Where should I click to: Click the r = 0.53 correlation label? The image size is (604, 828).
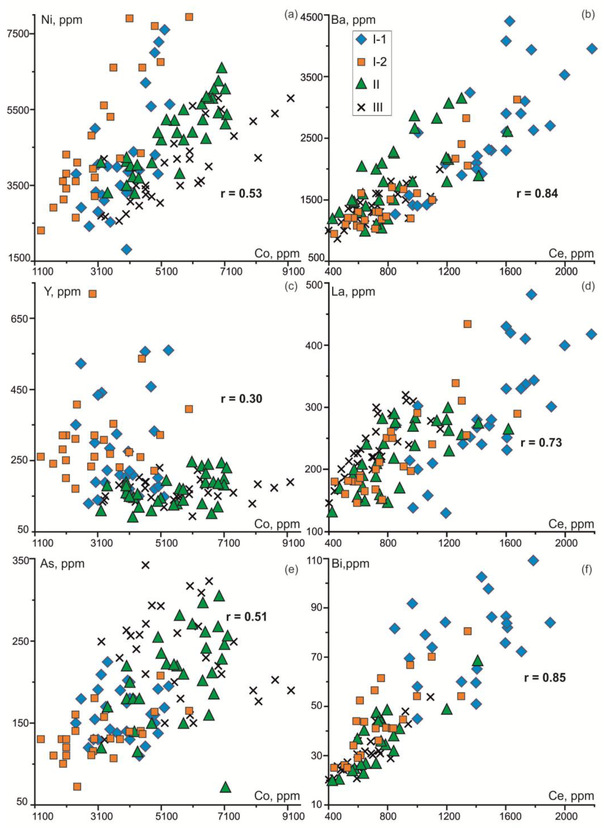[x=241, y=193]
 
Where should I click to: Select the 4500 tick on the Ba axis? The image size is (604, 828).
[x=311, y=16]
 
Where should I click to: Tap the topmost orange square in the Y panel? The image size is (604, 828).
[x=93, y=294]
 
